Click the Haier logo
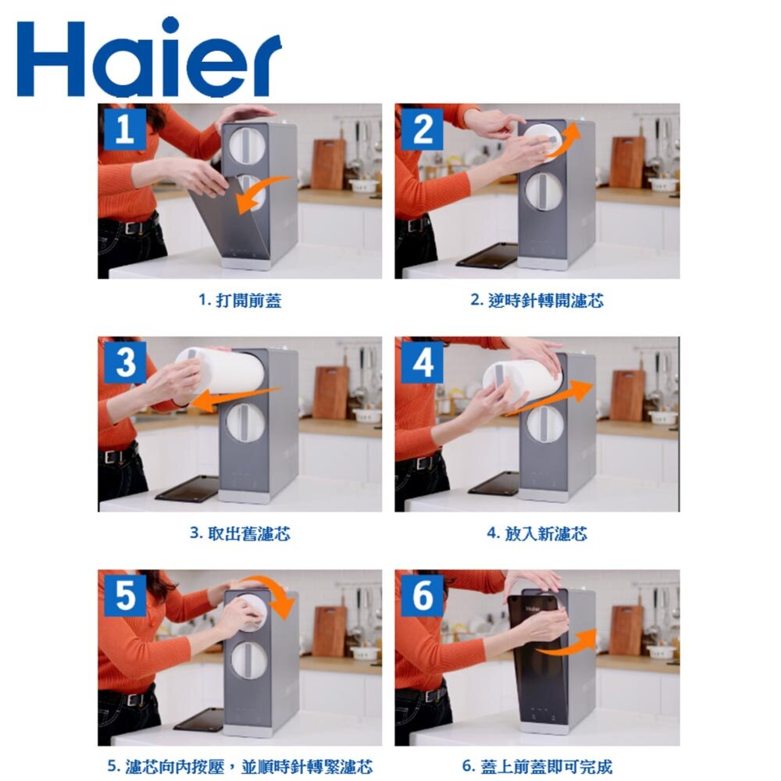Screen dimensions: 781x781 coord(149,58)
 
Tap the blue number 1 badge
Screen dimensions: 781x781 coord(124,130)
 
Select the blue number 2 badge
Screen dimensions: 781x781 coord(422,130)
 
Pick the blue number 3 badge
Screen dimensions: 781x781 coord(124,362)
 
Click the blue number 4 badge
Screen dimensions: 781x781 coord(422,362)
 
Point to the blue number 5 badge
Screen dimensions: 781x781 coord(124,596)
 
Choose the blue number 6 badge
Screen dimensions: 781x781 coord(422,596)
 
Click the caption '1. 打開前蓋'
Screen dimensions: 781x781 coord(240,301)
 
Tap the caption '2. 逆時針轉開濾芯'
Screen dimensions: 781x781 coord(537,301)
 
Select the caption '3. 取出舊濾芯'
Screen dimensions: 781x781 coord(240,533)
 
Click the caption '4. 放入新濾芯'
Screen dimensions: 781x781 coord(537,533)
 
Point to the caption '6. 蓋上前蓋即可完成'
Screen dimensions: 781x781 coord(537,767)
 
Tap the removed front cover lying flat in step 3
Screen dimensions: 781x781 coord(187,488)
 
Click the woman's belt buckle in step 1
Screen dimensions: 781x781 coord(131,228)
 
